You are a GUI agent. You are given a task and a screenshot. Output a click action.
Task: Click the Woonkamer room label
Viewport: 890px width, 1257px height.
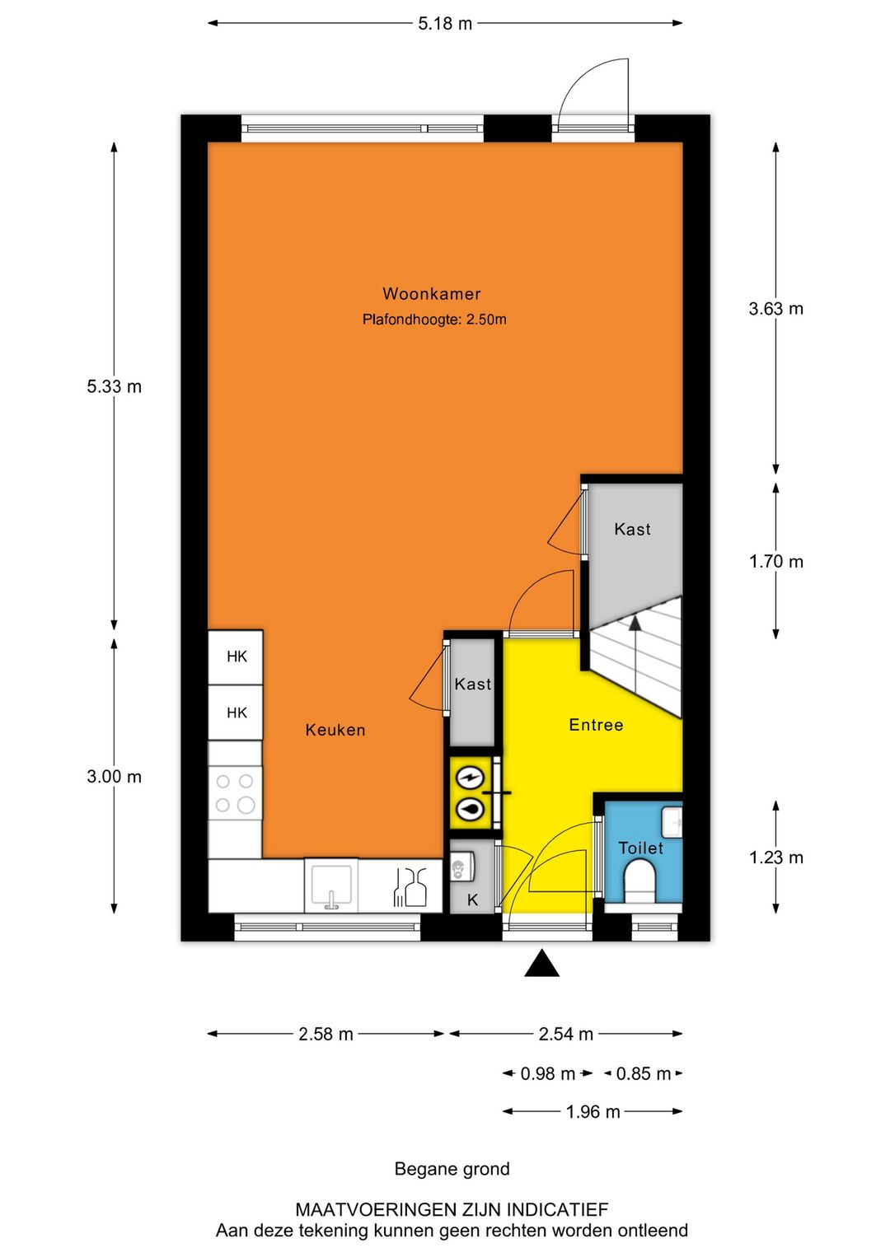coord(431,293)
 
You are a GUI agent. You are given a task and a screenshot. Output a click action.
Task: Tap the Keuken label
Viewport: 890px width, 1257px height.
coord(335,730)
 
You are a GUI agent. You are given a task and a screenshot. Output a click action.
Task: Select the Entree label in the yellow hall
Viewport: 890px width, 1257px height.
coord(596,724)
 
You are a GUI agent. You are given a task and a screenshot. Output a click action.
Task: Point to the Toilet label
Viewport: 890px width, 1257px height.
coord(640,848)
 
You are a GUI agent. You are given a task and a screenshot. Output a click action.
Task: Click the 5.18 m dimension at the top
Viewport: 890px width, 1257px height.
coord(445,24)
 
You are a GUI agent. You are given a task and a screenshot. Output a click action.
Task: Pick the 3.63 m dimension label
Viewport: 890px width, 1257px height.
coord(776,309)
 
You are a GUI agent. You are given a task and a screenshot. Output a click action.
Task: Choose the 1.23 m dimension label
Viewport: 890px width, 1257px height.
coord(776,857)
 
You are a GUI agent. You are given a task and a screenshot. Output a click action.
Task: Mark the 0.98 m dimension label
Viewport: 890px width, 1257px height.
coord(547,1073)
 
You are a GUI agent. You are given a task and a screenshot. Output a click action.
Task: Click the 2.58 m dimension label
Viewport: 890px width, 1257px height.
coord(326,1034)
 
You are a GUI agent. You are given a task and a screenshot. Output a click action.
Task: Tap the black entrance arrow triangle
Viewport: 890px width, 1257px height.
coord(542,964)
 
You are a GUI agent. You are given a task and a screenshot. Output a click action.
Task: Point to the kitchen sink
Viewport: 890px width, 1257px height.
coord(331,886)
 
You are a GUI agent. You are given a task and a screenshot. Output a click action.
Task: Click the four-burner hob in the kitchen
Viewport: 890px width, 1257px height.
coord(235,793)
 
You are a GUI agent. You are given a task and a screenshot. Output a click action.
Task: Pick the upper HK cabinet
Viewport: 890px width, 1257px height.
coord(236,657)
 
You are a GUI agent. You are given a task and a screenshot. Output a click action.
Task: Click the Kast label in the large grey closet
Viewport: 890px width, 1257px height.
coord(632,529)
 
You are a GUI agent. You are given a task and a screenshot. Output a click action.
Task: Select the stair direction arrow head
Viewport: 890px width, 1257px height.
coord(635,622)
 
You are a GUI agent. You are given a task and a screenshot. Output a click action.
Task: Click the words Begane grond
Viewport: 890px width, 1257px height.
coord(452,1169)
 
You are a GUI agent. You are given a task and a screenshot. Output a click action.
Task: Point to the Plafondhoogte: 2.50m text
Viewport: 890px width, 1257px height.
coord(434,320)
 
